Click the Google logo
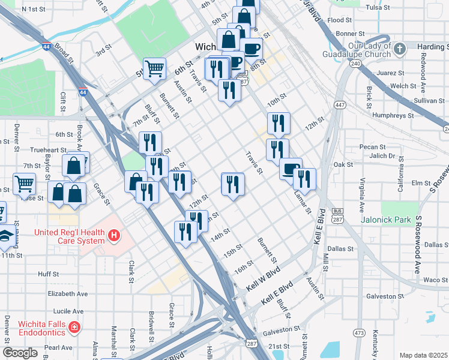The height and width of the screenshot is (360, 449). [x=20, y=353]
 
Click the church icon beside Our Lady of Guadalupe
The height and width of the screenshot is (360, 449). [x=400, y=47]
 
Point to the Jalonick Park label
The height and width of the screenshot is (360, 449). [x=386, y=220]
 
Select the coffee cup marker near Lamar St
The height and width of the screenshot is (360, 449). [x=291, y=169]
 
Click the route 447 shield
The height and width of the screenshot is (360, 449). [x=340, y=105]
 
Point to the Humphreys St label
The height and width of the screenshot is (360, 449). [x=393, y=113]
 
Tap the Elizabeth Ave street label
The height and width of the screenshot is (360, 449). [x=68, y=294]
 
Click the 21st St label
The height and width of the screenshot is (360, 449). [x=279, y=347]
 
